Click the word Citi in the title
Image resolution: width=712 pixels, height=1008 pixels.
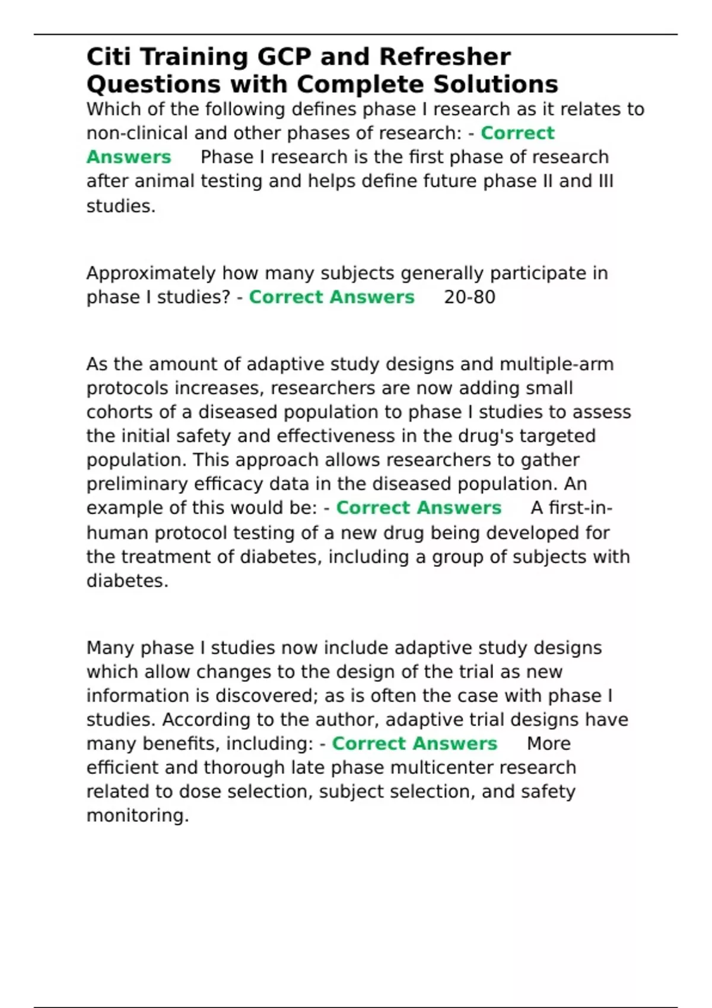click(x=108, y=57)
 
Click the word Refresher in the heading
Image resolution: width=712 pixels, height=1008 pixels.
click(x=444, y=57)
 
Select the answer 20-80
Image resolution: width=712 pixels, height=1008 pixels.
click(x=469, y=297)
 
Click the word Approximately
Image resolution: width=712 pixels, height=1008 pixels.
click(x=151, y=273)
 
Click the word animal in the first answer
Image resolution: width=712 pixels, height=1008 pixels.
click(x=164, y=181)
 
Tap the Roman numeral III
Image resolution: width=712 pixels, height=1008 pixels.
click(x=605, y=181)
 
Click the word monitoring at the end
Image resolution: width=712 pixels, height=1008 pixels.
click(x=136, y=816)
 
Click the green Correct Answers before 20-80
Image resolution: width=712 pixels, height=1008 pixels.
click(x=331, y=297)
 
